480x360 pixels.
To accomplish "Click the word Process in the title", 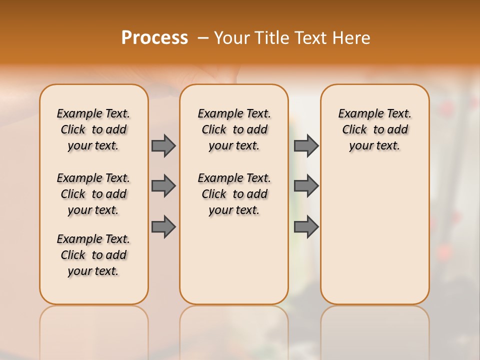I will tap(154, 38).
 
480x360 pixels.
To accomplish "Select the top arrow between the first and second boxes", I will tap(163, 145).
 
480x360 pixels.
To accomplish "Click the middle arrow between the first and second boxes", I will tap(163, 186).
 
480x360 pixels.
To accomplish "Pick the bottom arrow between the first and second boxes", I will tap(163, 226).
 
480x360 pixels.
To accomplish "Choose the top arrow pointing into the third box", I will tap(306, 145).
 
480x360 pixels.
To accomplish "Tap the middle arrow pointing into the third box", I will tap(306, 186).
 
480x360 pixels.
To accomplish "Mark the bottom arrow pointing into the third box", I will tap(306, 226).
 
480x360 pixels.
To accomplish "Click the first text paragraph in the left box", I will tap(93, 129).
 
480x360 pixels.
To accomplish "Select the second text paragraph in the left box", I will tap(93, 194).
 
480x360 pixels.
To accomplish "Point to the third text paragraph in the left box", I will tap(93, 255).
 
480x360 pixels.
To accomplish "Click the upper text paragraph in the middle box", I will tap(234, 129).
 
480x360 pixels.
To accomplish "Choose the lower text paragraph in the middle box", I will tap(234, 194).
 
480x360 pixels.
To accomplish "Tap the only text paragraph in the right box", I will tap(374, 129).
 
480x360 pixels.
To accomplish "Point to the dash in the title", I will tap(203, 38).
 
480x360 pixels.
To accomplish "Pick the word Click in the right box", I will tap(354, 130).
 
